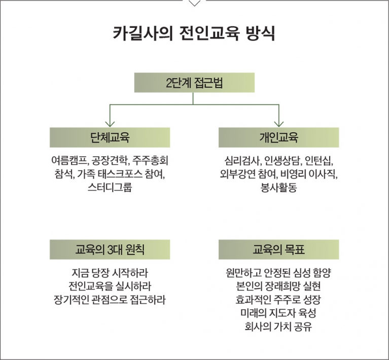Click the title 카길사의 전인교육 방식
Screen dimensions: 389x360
pyautogui.click(x=194, y=33)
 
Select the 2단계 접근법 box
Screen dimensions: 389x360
pyautogui.click(x=195, y=83)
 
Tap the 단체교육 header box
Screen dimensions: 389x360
pyautogui.click(x=110, y=137)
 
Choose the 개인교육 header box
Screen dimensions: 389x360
pyautogui.click(x=279, y=137)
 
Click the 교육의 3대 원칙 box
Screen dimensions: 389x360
pyautogui.click(x=110, y=249)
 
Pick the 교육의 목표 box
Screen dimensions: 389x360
pyautogui.click(x=279, y=249)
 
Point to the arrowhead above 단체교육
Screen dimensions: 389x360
pyautogui.click(x=110, y=124)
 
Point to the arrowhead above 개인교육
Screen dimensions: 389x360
pyautogui.click(x=279, y=124)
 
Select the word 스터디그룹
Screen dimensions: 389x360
pyautogui.click(x=110, y=187)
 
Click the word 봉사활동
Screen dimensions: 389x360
pyautogui.click(x=279, y=187)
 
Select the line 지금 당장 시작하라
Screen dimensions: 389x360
pyautogui.click(x=110, y=273)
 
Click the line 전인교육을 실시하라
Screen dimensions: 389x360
pyautogui.click(x=110, y=286)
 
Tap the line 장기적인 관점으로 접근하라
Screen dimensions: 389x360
pyautogui.click(x=110, y=300)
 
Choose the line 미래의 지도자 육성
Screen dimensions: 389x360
pyautogui.click(x=278, y=313)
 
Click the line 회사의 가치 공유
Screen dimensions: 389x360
pyautogui.click(x=278, y=327)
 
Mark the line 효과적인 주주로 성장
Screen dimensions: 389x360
pyautogui.click(x=278, y=300)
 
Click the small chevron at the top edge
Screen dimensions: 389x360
pyautogui.click(x=195, y=4)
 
